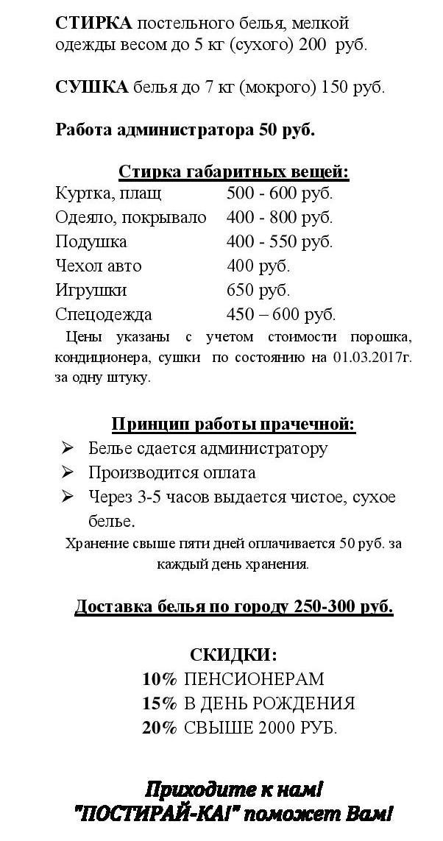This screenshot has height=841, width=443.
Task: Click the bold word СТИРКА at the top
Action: click(x=84, y=23)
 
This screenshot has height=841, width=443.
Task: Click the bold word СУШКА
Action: click(x=82, y=87)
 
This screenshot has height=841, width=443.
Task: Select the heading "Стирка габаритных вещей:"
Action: click(x=233, y=172)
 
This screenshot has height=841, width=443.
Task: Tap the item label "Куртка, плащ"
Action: click(x=108, y=194)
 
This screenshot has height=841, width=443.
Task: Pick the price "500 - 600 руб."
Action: click(x=280, y=194)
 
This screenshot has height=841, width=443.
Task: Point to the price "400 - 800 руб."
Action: click(x=280, y=218)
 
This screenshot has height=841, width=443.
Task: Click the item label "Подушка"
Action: click(x=91, y=241)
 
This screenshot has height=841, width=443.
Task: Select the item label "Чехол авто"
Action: click(x=99, y=266)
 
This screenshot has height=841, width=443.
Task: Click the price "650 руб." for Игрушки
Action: click(x=258, y=290)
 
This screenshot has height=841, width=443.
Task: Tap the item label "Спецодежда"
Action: click(x=104, y=314)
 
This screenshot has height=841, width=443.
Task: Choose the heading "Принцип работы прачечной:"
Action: click(x=233, y=425)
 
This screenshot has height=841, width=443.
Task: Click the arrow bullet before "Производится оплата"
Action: click(x=68, y=472)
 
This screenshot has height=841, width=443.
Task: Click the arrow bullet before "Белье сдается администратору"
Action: click(x=68, y=448)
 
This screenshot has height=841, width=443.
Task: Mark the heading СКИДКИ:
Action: click(x=233, y=654)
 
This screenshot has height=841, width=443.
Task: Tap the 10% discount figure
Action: click(x=160, y=679)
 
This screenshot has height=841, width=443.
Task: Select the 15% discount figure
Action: click(x=160, y=703)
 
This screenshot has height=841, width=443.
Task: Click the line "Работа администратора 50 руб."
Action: click(x=185, y=130)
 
